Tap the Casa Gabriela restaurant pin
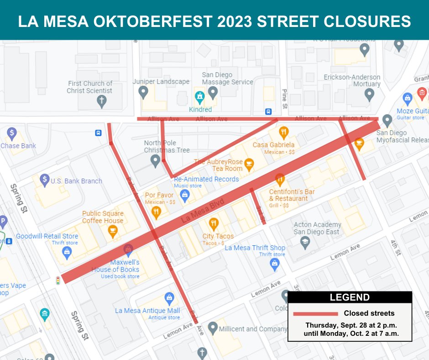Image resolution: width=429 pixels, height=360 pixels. (283, 133)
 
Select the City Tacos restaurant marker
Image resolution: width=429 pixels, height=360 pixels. (213, 224)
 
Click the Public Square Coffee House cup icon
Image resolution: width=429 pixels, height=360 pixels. (112, 232)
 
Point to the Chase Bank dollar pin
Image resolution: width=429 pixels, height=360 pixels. (11, 134)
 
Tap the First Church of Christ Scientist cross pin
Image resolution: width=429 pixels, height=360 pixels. (102, 101)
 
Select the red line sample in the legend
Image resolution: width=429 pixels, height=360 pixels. (315, 314)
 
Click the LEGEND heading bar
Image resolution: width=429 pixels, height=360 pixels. (350, 298)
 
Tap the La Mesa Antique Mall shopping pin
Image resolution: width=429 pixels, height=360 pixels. (169, 298)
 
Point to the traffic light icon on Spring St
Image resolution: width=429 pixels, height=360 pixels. (58, 281)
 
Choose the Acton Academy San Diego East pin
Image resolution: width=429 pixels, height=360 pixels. (305, 243)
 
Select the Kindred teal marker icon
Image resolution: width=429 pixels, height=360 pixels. (199, 97)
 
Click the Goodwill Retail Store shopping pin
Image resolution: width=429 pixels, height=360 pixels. (67, 253)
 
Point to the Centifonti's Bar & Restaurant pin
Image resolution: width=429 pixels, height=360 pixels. (280, 179)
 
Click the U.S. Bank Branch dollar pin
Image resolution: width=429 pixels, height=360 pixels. (45, 180)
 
